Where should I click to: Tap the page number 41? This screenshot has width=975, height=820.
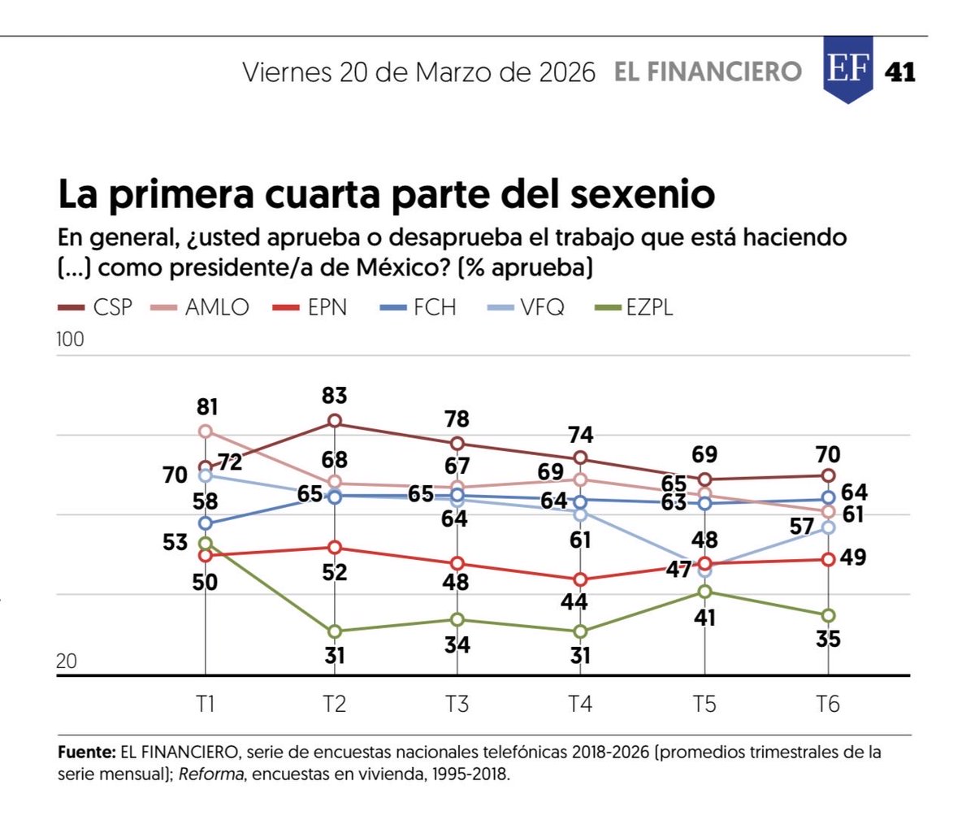[x=899, y=72]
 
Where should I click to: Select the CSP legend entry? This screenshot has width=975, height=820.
[x=95, y=307]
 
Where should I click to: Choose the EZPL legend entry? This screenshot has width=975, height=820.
[x=635, y=307]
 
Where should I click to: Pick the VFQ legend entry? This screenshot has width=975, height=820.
[x=525, y=307]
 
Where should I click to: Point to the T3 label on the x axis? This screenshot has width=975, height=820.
[x=457, y=704]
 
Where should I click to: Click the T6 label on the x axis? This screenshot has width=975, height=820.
[x=827, y=704]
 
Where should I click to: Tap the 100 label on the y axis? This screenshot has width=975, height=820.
[x=70, y=339]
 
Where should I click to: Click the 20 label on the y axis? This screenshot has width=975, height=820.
[x=67, y=661]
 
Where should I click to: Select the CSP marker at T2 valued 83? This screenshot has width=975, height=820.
[x=335, y=421]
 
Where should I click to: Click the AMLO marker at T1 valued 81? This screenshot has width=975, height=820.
[x=206, y=431]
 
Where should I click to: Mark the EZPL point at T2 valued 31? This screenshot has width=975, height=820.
[x=335, y=631]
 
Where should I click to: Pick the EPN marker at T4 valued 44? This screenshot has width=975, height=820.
[x=580, y=579]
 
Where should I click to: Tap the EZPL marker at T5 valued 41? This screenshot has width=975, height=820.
[x=704, y=592]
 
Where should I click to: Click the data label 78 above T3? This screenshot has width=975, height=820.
[x=457, y=419]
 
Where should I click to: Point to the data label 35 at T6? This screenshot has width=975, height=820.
[x=827, y=640]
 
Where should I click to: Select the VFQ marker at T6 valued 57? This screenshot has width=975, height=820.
[x=828, y=527]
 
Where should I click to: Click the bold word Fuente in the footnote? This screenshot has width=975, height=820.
[x=86, y=753]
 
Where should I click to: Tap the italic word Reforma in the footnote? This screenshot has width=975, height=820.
[x=211, y=774]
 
